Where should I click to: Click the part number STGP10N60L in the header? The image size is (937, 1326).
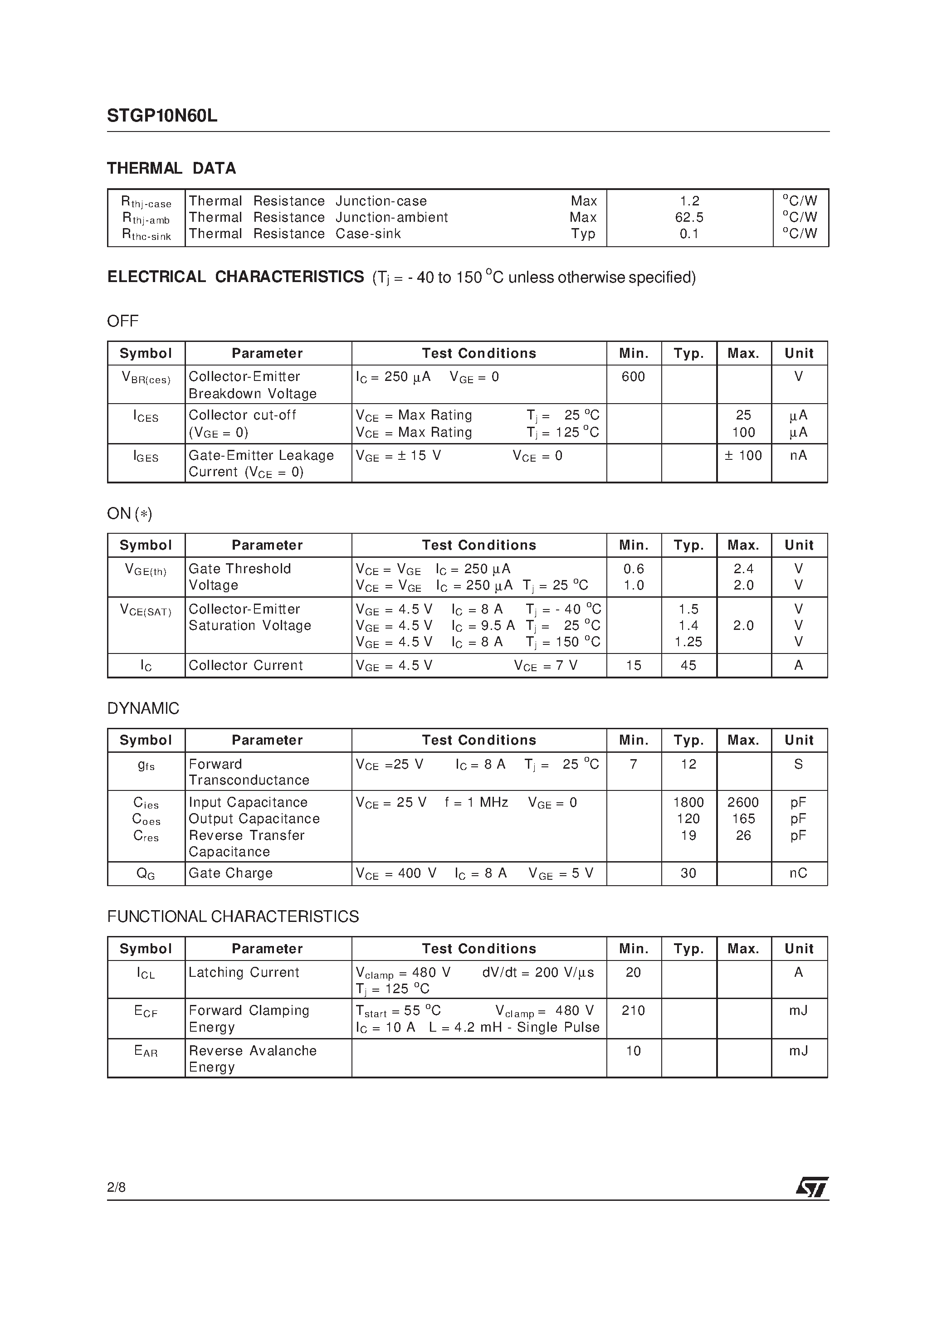pos(162,116)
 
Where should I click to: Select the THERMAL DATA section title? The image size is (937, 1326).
pos(171,169)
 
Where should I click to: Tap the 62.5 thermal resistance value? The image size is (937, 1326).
pos(689,217)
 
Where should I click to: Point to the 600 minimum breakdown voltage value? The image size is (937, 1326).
pos(633,376)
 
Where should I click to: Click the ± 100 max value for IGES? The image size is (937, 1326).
pos(743,455)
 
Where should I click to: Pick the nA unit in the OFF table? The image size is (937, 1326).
pos(798,455)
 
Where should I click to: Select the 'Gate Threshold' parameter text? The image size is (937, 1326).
pos(240,568)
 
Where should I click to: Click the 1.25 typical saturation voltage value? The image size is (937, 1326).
pos(688,642)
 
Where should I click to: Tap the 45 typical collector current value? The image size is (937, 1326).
pos(688,665)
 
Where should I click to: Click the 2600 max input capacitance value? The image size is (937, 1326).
pos(743,802)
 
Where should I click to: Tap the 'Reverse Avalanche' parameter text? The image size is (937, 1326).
pos(253,1051)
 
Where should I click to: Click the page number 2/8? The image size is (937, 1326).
pos(116,1187)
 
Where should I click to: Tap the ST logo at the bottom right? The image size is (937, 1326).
pos(812,1187)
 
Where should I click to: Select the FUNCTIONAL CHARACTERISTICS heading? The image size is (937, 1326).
pos(233,916)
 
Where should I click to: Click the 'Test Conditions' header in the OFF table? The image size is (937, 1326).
pos(479,353)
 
